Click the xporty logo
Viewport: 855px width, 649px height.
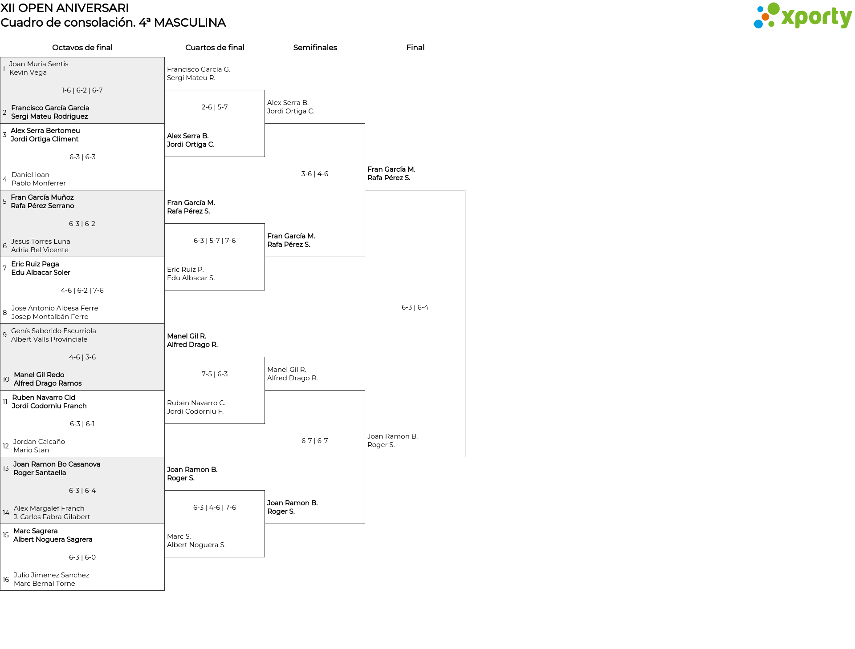pos(802,16)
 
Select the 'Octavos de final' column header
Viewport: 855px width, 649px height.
pos(82,48)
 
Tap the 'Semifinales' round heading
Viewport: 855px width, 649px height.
pos(315,48)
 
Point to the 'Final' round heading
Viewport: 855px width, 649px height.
pos(415,48)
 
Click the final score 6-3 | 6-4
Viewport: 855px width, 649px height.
pos(415,307)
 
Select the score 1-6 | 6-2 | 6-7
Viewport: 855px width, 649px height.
pos(82,90)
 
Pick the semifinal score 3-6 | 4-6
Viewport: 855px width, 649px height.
pos(315,174)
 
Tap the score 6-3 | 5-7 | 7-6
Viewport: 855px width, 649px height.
pos(215,241)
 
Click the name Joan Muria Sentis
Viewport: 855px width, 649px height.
pos(39,64)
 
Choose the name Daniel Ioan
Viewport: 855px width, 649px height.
pos(30,175)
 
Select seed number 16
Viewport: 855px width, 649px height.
pos(6,580)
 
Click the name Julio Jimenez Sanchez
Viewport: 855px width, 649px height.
pos(51,575)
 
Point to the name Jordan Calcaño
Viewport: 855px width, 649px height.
pos(39,442)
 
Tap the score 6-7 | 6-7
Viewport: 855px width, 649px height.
pos(315,441)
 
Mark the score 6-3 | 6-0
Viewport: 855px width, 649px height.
pos(82,557)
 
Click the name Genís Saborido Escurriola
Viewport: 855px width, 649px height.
pos(53,331)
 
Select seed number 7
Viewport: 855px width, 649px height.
pos(4,268)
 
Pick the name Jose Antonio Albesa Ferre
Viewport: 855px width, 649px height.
pos(55,308)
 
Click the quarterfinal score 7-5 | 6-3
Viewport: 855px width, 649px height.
pos(215,374)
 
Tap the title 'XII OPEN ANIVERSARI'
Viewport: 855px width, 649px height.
pos(65,8)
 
